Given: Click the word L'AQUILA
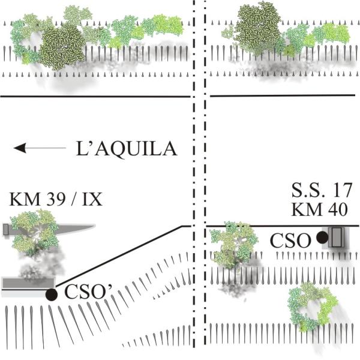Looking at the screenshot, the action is coord(127,148).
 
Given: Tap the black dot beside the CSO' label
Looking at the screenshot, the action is coord(52,294).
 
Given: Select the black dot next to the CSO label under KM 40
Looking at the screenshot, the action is coord(322,238).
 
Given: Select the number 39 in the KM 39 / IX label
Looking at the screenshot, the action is coord(50,199).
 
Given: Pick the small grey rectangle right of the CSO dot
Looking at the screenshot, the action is coord(336,238).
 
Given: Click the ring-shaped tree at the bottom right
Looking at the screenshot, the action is coord(310,307).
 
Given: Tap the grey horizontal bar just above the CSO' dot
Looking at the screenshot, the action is coord(27,283).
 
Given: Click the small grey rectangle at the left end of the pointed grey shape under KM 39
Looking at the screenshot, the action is coord(5,229).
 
